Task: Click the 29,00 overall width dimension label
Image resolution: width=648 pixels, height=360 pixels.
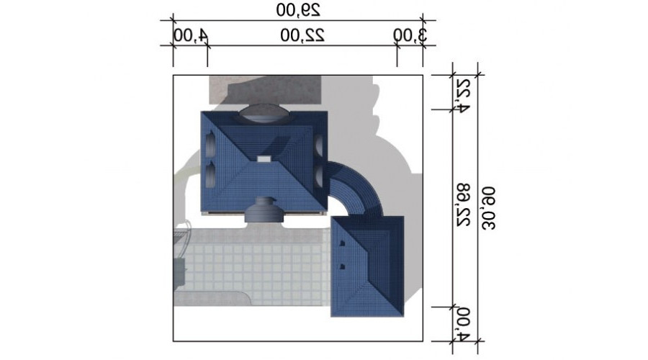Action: pyautogui.click(x=298, y=10)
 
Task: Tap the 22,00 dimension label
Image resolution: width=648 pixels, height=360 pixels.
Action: pyautogui.click(x=302, y=35)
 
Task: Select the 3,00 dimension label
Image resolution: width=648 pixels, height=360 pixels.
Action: pyautogui.click(x=410, y=35)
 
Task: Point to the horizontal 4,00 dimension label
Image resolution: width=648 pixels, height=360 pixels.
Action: pyautogui.click(x=191, y=35)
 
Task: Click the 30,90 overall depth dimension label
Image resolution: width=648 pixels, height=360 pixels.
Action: pyautogui.click(x=488, y=208)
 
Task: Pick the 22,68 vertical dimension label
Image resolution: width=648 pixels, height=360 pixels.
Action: pyautogui.click(x=463, y=204)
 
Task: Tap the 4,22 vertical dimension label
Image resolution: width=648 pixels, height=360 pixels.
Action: pyautogui.click(x=463, y=94)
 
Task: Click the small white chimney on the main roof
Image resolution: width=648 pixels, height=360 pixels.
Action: pyautogui.click(x=264, y=159)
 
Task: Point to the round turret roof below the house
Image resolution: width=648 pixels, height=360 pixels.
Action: pyautogui.click(x=264, y=210)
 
